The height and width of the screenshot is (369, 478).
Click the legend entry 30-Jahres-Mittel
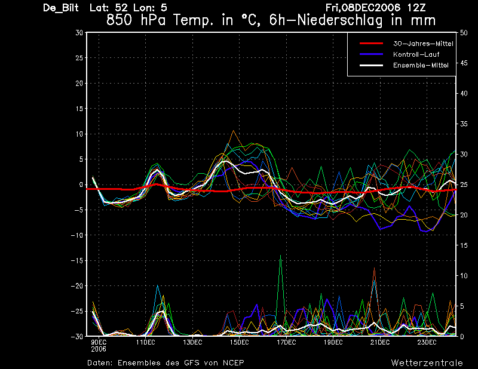point(423,44)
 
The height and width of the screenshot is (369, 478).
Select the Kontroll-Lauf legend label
point(416,54)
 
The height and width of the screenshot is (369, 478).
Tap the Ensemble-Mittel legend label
point(421,65)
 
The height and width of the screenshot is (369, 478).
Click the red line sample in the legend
point(371,44)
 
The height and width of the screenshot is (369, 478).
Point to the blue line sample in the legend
point(371,54)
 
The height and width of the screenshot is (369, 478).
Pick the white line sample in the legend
point(371,65)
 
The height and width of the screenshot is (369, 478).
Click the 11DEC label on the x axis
point(145,343)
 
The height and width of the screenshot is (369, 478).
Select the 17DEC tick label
point(286,343)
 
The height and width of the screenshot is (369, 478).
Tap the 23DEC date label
point(427,343)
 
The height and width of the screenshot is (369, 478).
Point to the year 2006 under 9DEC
point(99,349)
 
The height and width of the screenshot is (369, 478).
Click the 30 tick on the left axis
point(79,32)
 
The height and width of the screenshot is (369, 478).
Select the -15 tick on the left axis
point(77,260)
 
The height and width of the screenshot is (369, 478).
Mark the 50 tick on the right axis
point(464,33)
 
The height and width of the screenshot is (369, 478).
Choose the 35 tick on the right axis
point(464,124)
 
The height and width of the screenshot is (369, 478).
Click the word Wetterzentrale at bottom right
point(427,363)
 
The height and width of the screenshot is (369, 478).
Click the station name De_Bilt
point(61,8)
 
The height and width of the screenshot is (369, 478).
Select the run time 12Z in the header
point(416,8)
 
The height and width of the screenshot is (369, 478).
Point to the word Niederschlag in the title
point(339,20)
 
